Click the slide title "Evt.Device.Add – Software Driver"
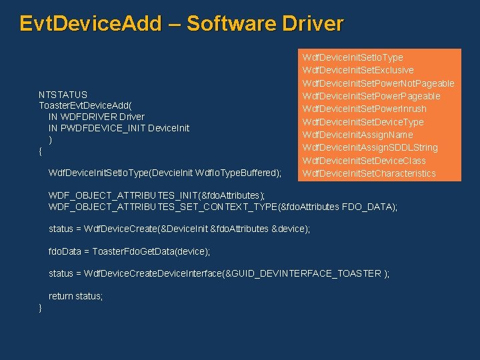pos(181,24)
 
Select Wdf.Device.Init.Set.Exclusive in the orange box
pos(358,70)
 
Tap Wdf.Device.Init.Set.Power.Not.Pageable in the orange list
pos(378,83)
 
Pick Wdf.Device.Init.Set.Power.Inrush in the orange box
pos(364,109)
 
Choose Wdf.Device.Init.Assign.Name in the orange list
pos(357,135)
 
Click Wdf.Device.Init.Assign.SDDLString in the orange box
pos(370,147)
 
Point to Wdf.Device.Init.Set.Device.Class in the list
pos(363,161)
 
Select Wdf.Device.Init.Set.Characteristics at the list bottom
pos(369,173)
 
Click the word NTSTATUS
pos(63,94)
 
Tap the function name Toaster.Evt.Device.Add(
pos(85,105)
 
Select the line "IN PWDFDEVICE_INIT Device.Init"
pos(119,128)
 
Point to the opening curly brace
pos(41,151)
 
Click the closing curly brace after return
pos(41,307)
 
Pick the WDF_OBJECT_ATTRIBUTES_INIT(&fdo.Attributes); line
pos(157,195)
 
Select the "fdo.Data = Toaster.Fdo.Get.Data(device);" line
pos(129,251)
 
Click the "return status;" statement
pos(75,296)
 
